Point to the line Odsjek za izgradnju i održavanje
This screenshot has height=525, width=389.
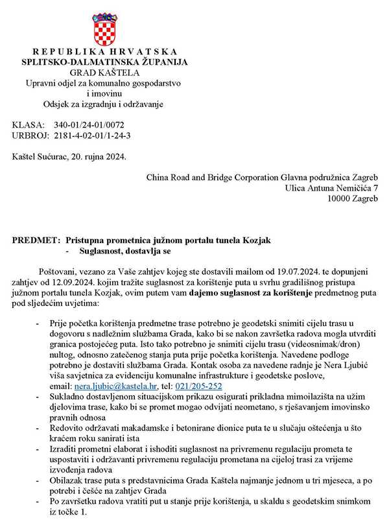click(x=104, y=104)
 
